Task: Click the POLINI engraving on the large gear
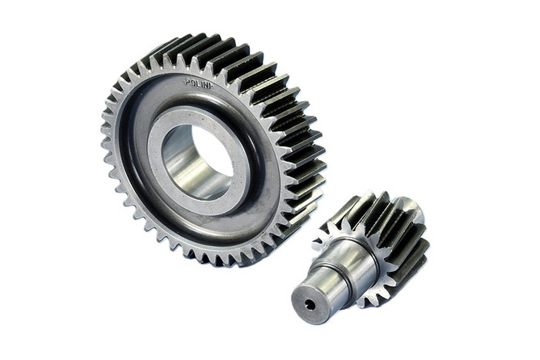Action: pos(199,83)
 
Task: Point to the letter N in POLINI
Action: pos(205,85)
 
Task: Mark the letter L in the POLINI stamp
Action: pos(197,83)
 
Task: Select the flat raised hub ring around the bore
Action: pos(199,161)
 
